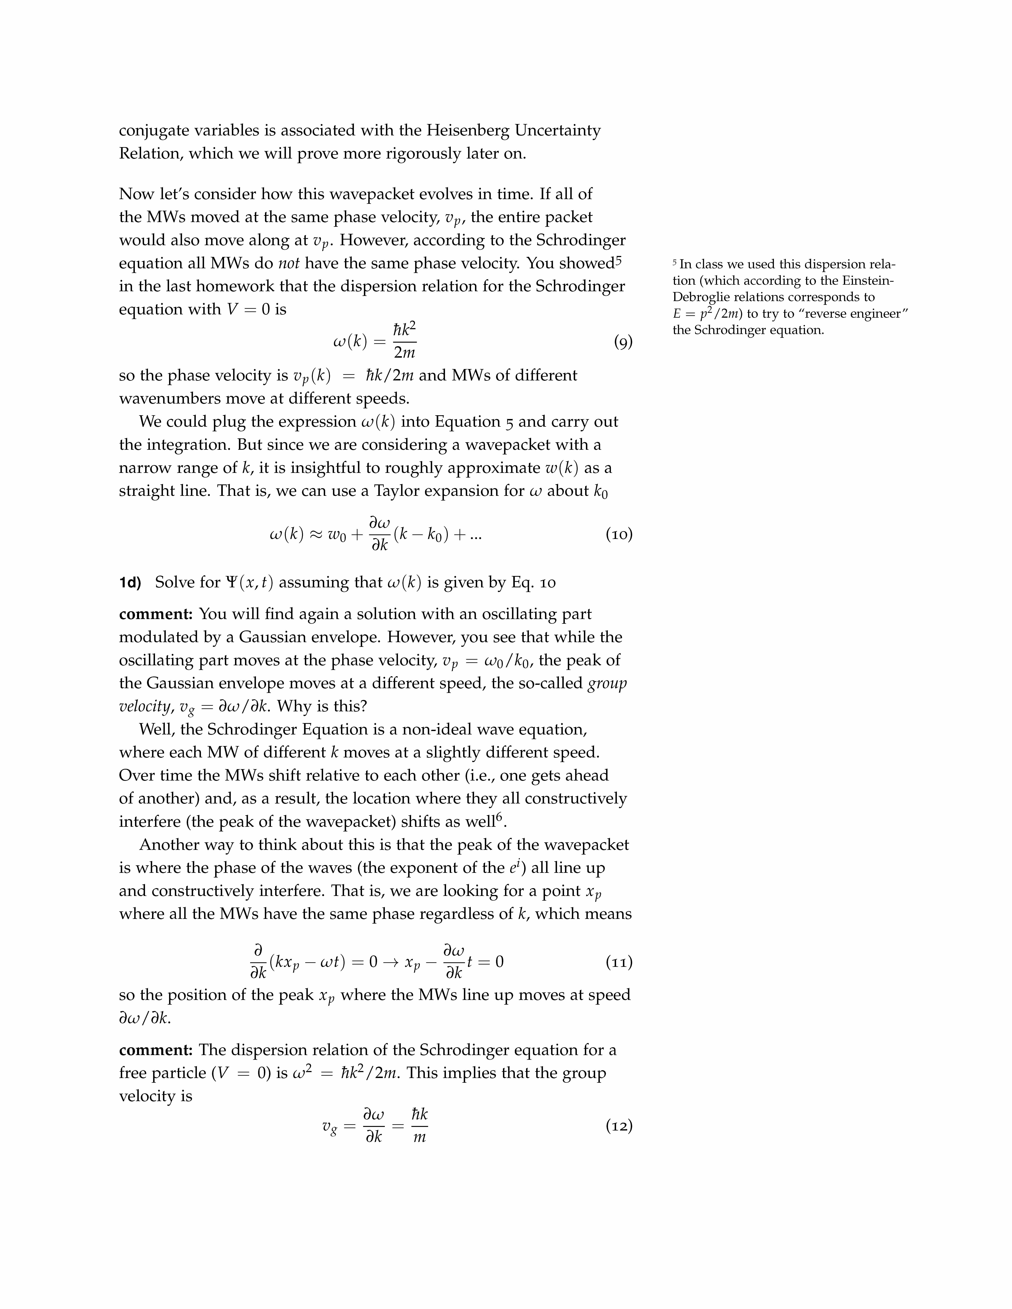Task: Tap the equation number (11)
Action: tap(619, 963)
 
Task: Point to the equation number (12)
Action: tap(619, 1126)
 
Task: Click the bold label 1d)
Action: tap(130, 583)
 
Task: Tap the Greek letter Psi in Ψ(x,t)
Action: tap(231, 583)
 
